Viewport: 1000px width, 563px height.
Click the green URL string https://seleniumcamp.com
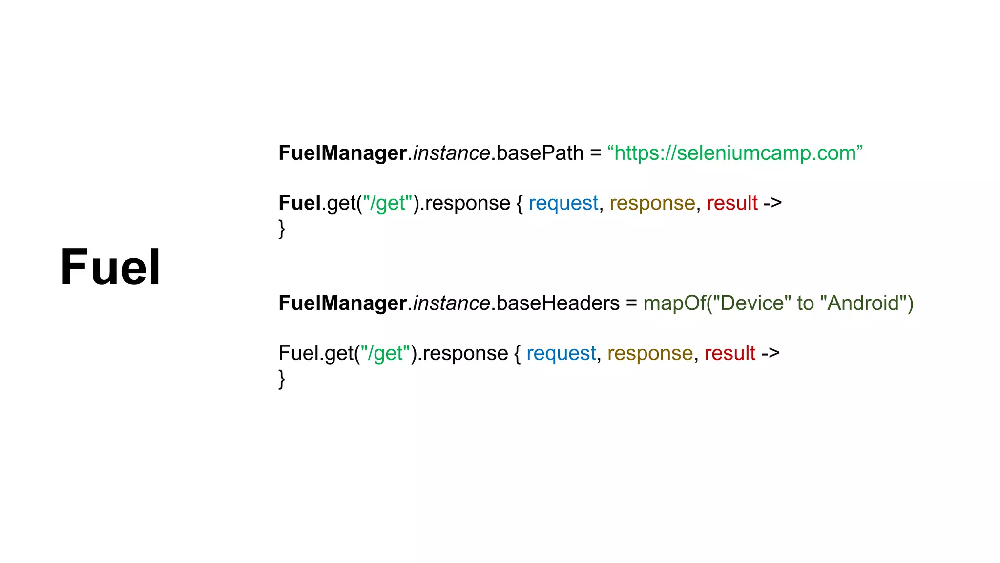point(735,153)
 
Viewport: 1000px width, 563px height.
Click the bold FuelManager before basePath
point(342,153)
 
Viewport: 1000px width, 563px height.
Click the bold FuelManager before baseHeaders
point(342,303)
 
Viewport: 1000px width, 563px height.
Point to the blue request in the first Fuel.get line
point(563,203)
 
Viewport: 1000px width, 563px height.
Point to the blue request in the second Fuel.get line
point(561,353)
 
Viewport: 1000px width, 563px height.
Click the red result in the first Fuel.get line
point(732,203)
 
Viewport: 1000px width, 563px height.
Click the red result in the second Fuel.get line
point(729,353)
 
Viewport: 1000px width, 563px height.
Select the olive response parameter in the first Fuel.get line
point(652,203)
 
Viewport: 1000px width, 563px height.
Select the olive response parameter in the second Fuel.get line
point(650,353)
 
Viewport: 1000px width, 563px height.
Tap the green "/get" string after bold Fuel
point(388,203)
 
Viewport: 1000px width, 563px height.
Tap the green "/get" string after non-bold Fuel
point(385,353)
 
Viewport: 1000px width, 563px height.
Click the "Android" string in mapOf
point(863,303)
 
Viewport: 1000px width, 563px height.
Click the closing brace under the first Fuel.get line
point(282,229)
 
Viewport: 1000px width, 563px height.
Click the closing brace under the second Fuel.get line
point(282,379)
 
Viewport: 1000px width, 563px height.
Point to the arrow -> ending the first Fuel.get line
point(772,203)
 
